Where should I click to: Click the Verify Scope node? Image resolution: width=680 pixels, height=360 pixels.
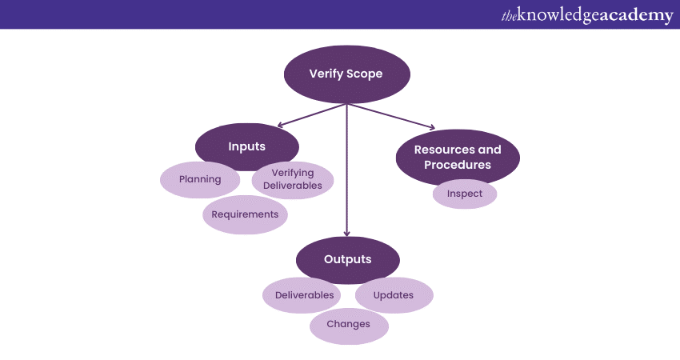(346, 74)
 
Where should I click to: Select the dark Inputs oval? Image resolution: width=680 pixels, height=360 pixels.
(246, 147)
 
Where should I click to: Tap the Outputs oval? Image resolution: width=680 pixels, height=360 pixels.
(347, 260)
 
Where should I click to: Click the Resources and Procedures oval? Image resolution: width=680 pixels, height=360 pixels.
(458, 158)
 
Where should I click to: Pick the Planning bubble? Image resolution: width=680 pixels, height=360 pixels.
(200, 179)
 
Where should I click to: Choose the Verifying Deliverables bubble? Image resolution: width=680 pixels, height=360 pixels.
(292, 179)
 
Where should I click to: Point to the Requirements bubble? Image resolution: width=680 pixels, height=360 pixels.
(245, 214)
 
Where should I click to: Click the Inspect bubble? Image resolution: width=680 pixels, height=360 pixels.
(465, 194)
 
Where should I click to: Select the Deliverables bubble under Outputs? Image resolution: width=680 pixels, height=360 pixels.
(304, 295)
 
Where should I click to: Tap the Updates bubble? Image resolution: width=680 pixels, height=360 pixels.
(394, 295)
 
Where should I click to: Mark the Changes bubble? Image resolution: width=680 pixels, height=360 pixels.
(349, 324)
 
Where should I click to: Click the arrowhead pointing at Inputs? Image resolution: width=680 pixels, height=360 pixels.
(281, 126)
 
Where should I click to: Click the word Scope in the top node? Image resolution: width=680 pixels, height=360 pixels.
(366, 74)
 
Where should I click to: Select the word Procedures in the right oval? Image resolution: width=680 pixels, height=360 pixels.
(458, 166)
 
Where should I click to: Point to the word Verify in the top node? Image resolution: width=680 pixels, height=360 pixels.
(326, 74)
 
